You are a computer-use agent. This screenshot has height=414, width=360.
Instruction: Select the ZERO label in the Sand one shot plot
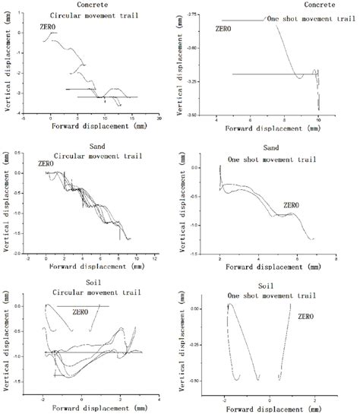pyautogui.click(x=292, y=204)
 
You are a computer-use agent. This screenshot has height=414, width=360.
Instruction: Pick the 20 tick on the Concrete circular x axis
pyautogui.click(x=159, y=119)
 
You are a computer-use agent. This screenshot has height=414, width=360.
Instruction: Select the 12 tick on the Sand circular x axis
pyautogui.click(x=155, y=258)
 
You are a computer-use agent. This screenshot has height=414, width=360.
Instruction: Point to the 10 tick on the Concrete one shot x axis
pyautogui.click(x=319, y=120)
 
